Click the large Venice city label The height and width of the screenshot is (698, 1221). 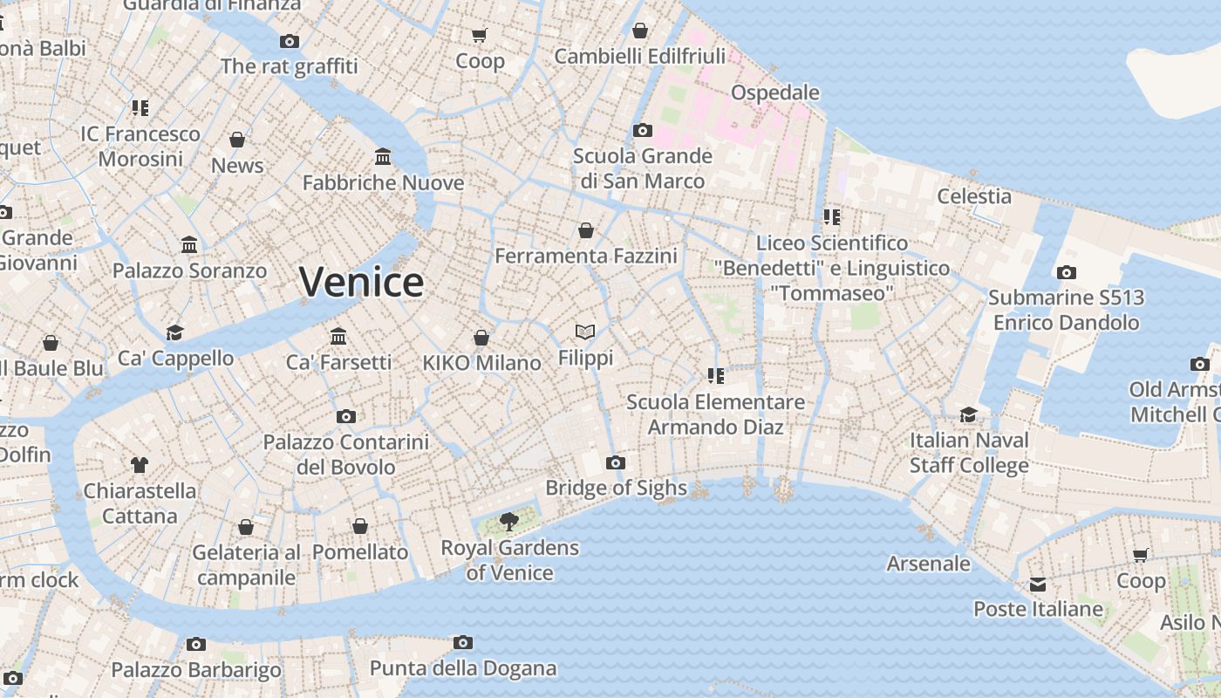coord(361,282)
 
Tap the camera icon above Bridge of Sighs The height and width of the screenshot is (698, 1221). coord(616,462)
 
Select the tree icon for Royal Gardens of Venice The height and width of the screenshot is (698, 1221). coord(509,522)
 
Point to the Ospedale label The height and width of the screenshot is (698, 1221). coord(774,92)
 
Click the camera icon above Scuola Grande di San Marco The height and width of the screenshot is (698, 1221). coord(643,131)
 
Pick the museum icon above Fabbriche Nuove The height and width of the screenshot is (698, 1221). coord(383,157)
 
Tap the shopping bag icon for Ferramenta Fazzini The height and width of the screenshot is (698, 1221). coord(586,230)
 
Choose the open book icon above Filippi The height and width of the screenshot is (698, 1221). coord(585,332)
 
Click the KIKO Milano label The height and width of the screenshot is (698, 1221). coord(481,363)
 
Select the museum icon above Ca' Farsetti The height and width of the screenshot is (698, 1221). coord(338,336)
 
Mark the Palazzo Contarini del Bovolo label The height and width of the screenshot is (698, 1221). coord(346,455)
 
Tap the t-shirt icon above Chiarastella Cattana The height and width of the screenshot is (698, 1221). coord(140,464)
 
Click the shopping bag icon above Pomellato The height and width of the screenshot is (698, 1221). coord(360,526)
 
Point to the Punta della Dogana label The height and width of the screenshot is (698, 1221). coord(463,668)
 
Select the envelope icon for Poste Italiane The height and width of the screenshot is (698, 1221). coord(1038,585)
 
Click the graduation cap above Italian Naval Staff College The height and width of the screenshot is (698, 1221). coord(969,414)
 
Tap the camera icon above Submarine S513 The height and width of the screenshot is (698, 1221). coord(1066,273)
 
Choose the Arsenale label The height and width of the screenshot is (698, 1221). coord(928,564)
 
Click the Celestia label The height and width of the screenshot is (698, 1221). coord(974,196)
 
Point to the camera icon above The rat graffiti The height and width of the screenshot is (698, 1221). coord(290,41)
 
